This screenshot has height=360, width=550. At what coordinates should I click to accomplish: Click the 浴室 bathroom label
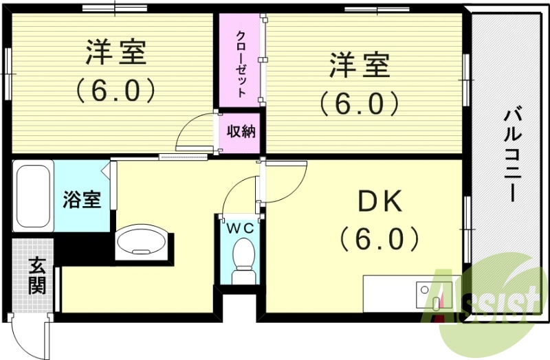[x=82, y=200]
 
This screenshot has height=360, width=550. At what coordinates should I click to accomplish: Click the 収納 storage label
[x=241, y=131]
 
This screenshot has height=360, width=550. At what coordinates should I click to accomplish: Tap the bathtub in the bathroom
[x=33, y=196]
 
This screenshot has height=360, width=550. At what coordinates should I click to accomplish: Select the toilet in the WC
[x=243, y=264]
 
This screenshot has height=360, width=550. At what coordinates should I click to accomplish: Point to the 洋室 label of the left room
[x=115, y=54]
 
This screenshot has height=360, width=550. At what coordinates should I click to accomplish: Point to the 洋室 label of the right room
[x=358, y=67]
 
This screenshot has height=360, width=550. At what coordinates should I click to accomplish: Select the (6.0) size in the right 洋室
[x=358, y=104]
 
